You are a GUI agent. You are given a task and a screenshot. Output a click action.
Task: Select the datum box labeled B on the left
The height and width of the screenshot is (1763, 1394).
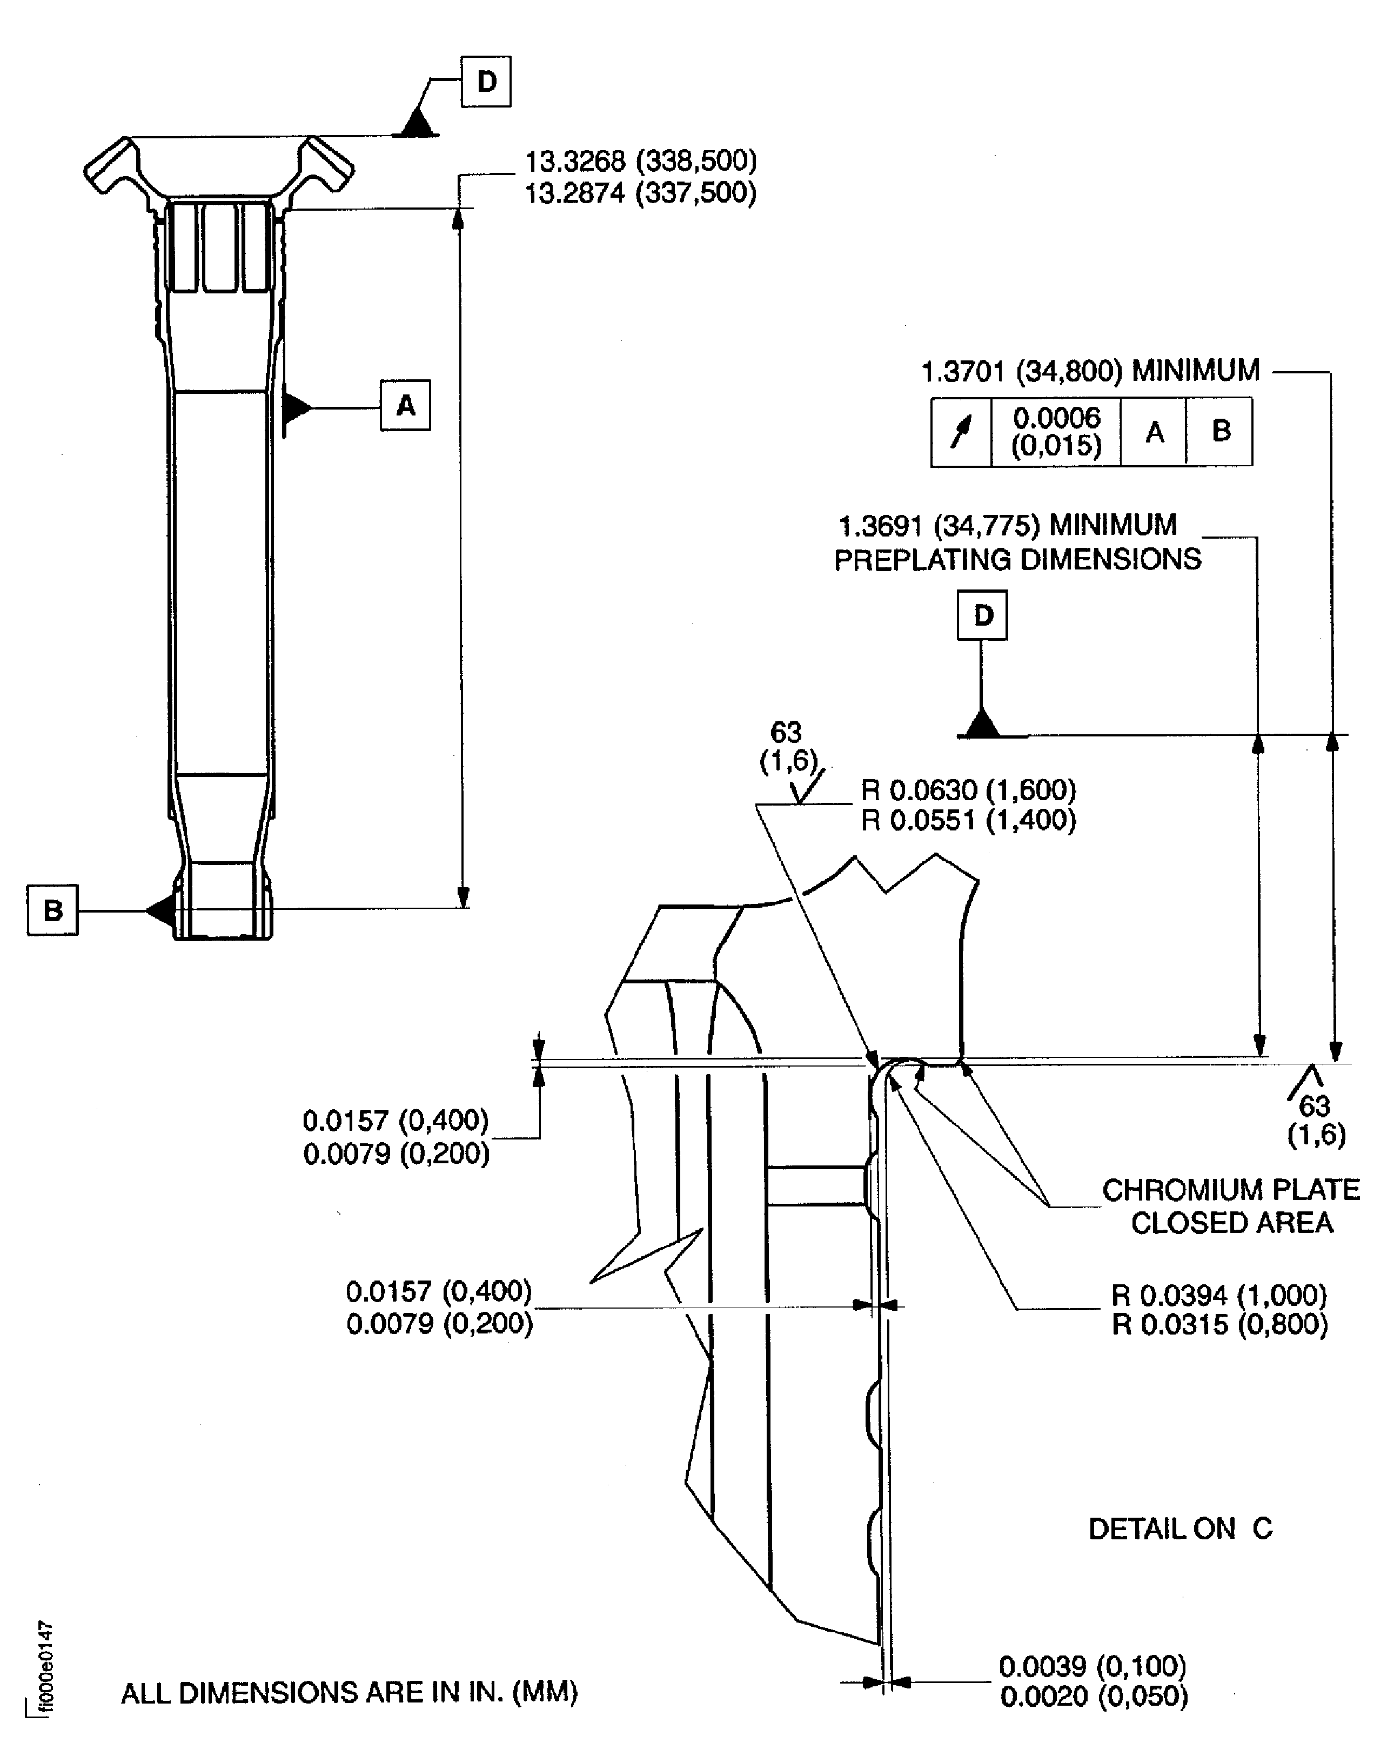point(53,909)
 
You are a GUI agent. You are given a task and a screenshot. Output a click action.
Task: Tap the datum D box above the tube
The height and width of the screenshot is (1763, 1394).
point(486,82)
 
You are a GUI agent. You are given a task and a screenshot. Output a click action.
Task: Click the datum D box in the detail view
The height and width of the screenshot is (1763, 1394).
point(983,615)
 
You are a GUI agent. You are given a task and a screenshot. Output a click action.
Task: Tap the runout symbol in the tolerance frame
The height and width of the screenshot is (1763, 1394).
point(961,432)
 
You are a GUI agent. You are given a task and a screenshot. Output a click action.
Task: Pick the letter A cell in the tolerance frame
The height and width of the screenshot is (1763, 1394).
point(1154,432)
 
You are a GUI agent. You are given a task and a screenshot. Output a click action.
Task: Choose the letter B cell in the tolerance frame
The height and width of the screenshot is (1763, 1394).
point(1220,432)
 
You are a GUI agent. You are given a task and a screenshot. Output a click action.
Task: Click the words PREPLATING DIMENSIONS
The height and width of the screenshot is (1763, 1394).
point(1018,560)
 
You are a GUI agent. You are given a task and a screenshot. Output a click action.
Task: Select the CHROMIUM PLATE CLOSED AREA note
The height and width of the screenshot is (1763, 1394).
point(1231,1205)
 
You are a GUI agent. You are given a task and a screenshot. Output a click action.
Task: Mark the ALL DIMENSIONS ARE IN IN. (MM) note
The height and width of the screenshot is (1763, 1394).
point(350,1693)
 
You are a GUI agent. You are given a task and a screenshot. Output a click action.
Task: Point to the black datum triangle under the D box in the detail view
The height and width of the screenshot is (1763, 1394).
point(983,724)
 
